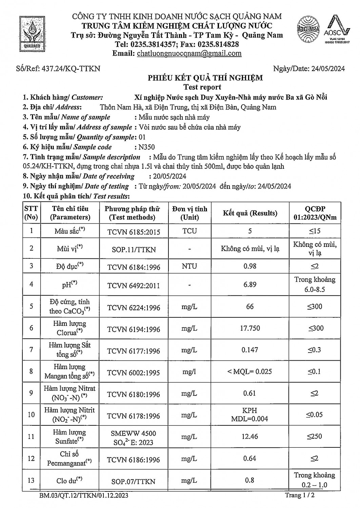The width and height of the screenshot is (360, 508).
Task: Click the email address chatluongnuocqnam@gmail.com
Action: click(189, 53)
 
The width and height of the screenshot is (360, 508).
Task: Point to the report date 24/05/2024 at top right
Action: click(328, 69)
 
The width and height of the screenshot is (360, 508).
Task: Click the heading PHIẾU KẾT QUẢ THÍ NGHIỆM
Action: click(205, 78)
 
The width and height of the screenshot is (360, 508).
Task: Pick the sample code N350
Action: click(145, 147)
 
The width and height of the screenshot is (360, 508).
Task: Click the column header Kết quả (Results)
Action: click(250, 213)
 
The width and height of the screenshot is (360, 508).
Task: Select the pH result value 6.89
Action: click(250, 284)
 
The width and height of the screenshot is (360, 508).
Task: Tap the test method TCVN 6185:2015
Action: click(134, 232)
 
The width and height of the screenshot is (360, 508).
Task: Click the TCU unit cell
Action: click(189, 231)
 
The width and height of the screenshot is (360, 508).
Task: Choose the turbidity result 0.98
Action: click(250, 266)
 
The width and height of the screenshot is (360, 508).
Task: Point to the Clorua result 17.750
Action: click(250, 328)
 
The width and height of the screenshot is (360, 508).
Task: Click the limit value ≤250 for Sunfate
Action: click(315, 437)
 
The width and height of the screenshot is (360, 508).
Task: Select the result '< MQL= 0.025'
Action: click(250, 372)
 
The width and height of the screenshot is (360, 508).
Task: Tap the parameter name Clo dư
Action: click(69, 480)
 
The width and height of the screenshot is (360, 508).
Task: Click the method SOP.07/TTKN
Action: click(134, 481)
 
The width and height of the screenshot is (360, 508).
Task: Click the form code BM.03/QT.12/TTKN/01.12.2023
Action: click(84, 496)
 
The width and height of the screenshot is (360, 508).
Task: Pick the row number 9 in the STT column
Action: click(31, 393)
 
